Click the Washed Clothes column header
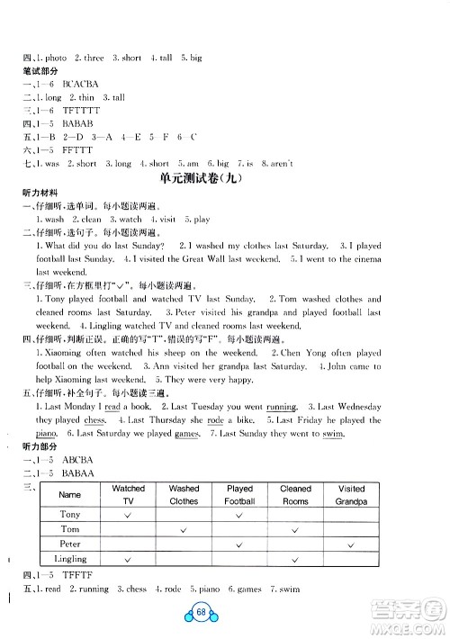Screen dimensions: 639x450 pyautogui.click(x=184, y=495)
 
